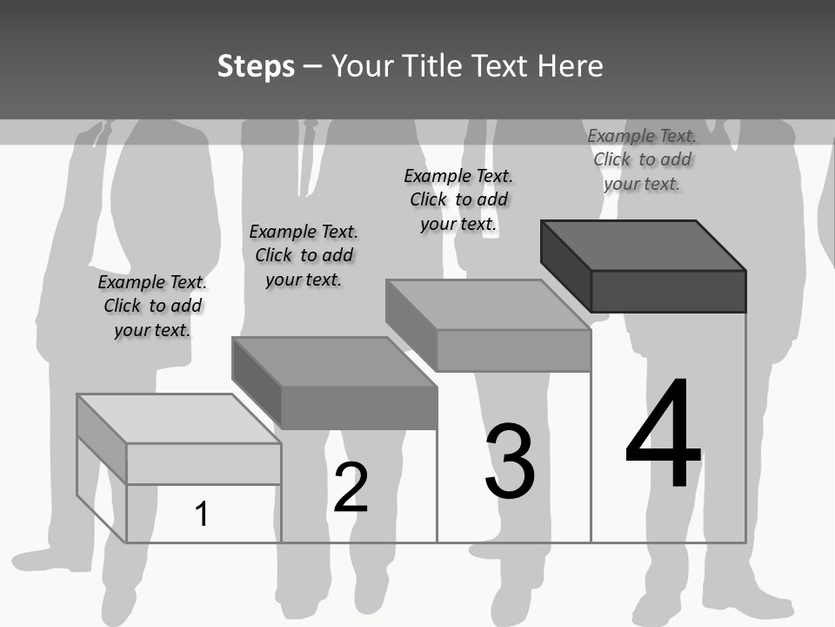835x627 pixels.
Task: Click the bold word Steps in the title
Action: [x=256, y=66]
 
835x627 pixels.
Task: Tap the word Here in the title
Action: [x=570, y=66]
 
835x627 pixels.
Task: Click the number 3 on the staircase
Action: [x=510, y=462]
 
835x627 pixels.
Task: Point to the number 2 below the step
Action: [x=351, y=488]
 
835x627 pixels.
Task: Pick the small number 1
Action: [x=202, y=514]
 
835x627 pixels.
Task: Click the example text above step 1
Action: [x=152, y=307]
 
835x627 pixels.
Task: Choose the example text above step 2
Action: [x=304, y=255]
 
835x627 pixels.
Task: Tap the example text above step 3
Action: [x=458, y=199]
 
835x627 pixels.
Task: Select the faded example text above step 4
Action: [x=642, y=159]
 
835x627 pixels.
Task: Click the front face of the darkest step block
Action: [x=668, y=291]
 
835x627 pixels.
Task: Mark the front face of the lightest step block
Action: [x=204, y=463]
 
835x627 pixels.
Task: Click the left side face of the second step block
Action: [x=257, y=383]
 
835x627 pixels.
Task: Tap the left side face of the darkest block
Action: [x=566, y=266]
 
